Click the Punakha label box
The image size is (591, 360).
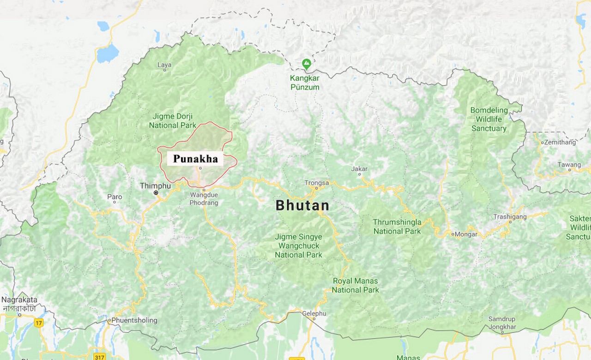[195, 159]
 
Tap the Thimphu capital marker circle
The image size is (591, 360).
[156, 192]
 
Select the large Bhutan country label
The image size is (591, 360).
[302, 205]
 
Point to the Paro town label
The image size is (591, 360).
[115, 197]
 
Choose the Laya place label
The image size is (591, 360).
[164, 65]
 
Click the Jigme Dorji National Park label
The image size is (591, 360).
[172, 121]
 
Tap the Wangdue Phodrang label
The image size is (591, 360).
[204, 198]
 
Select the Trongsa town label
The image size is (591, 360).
[317, 183]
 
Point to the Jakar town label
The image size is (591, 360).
[359, 169]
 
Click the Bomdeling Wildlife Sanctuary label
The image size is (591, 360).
[489, 120]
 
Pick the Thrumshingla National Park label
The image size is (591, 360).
[397, 227]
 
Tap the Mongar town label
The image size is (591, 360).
[466, 234]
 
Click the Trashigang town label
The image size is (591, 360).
[510, 216]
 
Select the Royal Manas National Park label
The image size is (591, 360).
[355, 285]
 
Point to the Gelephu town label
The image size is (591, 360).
[314, 313]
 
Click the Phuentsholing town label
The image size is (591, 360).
[134, 320]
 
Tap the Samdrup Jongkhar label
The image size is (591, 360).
[502, 323]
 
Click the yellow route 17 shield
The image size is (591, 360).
[39, 323]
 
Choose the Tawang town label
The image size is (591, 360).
[569, 165]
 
